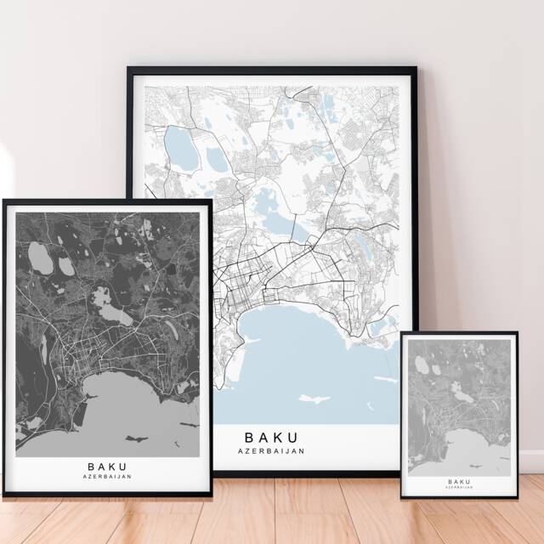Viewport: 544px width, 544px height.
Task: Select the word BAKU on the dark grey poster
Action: (107, 466)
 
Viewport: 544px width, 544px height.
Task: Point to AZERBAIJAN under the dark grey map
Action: (107, 477)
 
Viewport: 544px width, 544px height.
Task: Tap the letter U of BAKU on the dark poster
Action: (124, 466)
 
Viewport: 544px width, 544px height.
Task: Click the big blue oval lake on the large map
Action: (180, 148)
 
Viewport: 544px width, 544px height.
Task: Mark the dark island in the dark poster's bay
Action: (135, 439)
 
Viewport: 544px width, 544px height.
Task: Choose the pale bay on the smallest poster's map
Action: (476, 446)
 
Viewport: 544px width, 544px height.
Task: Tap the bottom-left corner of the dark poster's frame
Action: (3, 496)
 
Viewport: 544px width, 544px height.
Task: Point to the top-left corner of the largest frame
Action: (127, 68)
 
